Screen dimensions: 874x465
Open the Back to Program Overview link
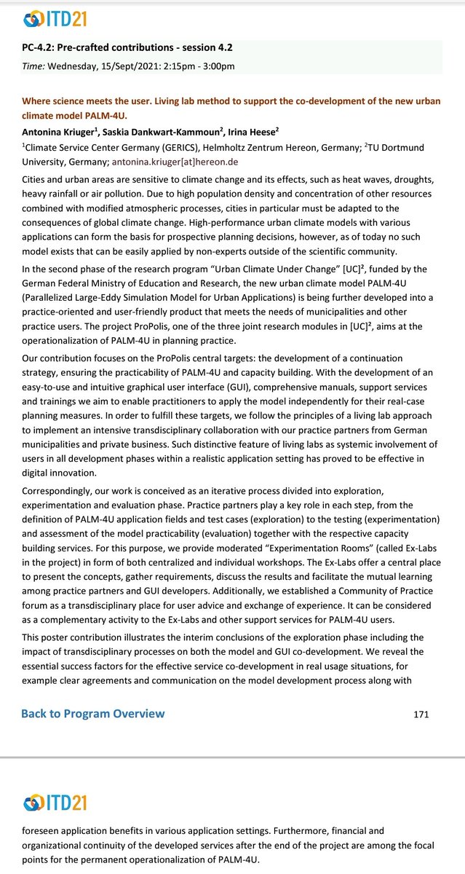(92, 713)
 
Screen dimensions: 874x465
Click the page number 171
(421, 714)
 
